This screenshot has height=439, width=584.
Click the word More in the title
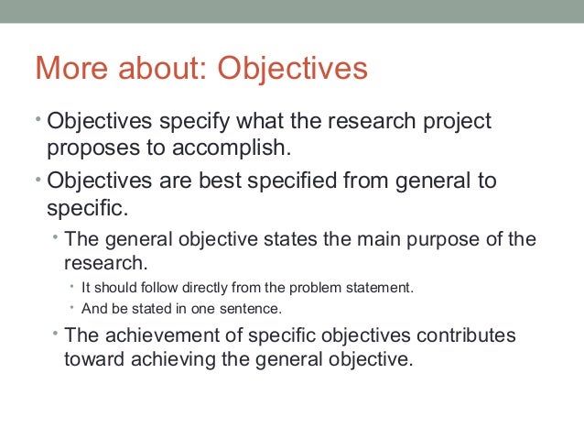click(70, 69)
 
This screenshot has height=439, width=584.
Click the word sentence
click(253, 308)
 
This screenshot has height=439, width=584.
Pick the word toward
click(93, 358)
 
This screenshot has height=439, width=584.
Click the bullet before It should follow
click(72, 286)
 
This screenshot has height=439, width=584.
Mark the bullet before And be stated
click(72, 307)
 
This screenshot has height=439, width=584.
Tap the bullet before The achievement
click(56, 333)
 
